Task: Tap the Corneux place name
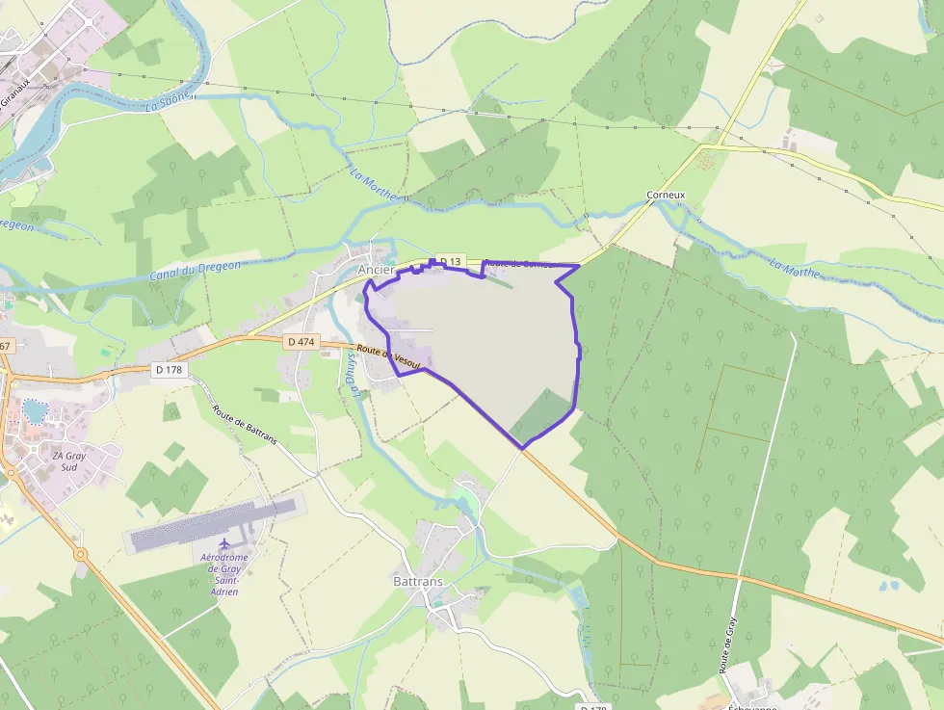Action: [666, 195]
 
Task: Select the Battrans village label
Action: [419, 582]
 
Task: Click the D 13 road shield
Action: [451, 261]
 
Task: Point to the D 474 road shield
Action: [302, 341]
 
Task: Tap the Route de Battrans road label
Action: [245, 424]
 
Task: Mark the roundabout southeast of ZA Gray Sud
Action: [79, 554]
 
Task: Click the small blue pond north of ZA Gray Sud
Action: [36, 411]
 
